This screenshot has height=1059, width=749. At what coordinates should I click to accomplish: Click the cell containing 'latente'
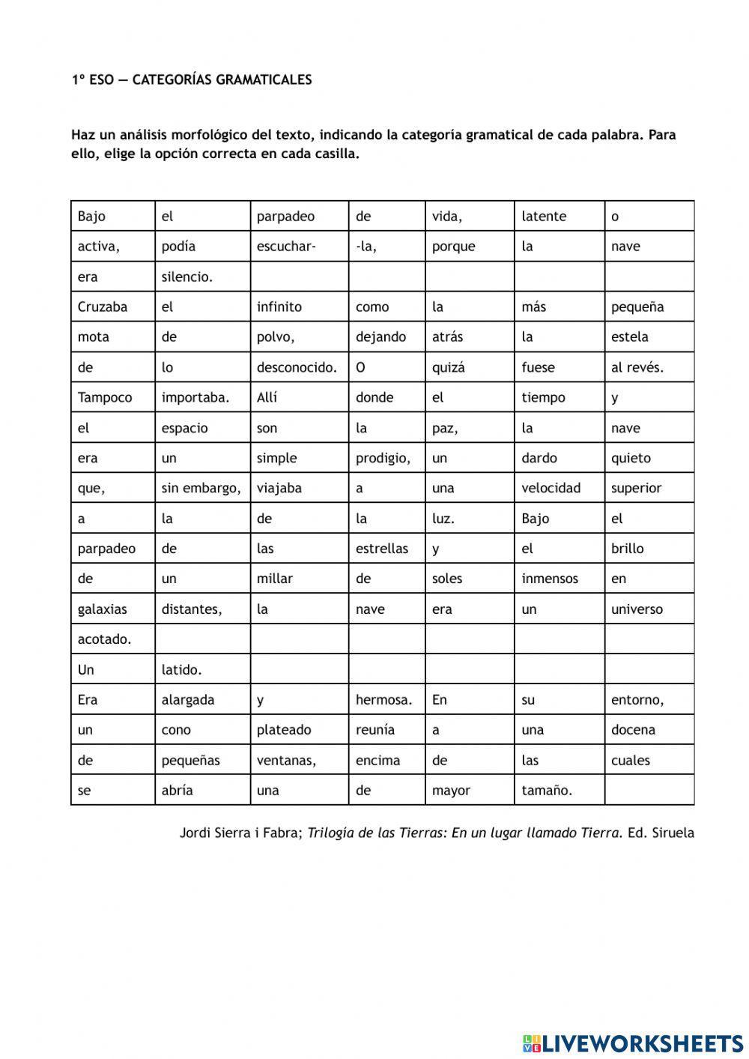(559, 216)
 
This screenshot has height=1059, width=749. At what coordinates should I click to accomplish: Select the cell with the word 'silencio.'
(202, 277)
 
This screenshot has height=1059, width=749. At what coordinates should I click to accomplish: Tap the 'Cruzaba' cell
(113, 307)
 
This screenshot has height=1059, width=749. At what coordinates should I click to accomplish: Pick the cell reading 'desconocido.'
(299, 367)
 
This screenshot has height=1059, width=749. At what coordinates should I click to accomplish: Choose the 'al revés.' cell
(649, 367)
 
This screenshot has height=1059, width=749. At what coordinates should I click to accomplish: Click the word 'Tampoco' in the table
(113, 397)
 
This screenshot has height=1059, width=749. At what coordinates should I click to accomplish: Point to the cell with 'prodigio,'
(386, 458)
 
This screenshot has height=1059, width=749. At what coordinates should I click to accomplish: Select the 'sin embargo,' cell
(202, 488)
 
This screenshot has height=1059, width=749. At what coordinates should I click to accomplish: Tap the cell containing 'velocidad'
(559, 488)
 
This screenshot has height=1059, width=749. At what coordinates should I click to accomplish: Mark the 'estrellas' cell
(386, 549)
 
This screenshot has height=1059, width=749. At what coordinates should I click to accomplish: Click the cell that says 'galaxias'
(113, 609)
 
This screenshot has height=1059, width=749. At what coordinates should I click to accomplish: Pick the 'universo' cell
(649, 609)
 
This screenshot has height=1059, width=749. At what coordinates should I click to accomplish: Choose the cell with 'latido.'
(202, 669)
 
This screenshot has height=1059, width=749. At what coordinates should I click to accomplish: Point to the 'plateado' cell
(299, 729)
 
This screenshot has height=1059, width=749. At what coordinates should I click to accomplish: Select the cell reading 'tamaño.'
(559, 790)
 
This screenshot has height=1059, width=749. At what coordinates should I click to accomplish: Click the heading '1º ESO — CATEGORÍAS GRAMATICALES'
(192, 79)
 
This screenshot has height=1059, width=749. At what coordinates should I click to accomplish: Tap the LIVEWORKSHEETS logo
(633, 1043)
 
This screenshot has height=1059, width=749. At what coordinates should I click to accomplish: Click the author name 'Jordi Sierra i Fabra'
(240, 833)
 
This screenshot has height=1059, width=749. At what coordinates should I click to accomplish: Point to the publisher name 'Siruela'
(673, 833)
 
